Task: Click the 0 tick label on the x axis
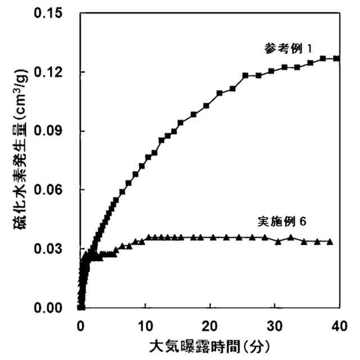tap(81, 326)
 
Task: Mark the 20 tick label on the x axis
tap(210, 326)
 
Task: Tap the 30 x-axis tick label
tap(274, 326)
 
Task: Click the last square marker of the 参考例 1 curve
tap(336, 58)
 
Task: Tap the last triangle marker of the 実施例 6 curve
tap(330, 241)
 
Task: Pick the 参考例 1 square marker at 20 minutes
tap(206, 105)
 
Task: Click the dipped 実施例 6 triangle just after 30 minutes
tap(278, 241)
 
